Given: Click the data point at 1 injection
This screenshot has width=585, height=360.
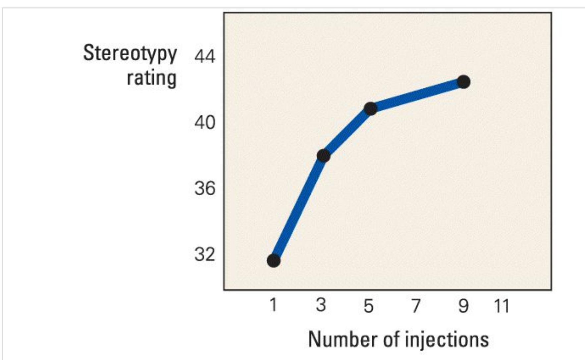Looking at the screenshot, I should click(273, 261).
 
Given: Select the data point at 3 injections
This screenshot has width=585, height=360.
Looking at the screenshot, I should click(323, 155).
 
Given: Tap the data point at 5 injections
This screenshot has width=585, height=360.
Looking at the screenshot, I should click(370, 108).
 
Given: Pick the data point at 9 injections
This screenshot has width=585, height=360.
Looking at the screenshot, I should click(463, 82).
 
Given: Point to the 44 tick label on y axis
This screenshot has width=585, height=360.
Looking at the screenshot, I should click(205, 57).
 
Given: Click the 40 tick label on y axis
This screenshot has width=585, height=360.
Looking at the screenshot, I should click(205, 123).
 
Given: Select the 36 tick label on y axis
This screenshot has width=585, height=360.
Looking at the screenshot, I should click(205, 189).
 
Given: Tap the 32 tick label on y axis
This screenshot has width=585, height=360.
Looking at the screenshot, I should click(205, 255).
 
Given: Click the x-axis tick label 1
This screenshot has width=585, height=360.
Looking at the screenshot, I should click(273, 305).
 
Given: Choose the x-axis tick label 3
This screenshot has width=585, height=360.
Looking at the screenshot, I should click(321, 305).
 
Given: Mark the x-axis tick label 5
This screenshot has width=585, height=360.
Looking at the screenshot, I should click(368, 306).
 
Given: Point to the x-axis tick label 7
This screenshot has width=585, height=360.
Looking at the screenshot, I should click(416, 306).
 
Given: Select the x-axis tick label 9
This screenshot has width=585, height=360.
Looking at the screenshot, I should click(463, 306).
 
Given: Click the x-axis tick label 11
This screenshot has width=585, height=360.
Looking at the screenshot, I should click(501, 306).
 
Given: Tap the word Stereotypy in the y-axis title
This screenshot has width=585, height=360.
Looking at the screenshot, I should click(130, 54).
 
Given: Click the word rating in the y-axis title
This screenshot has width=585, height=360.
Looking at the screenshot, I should click(151, 78).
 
